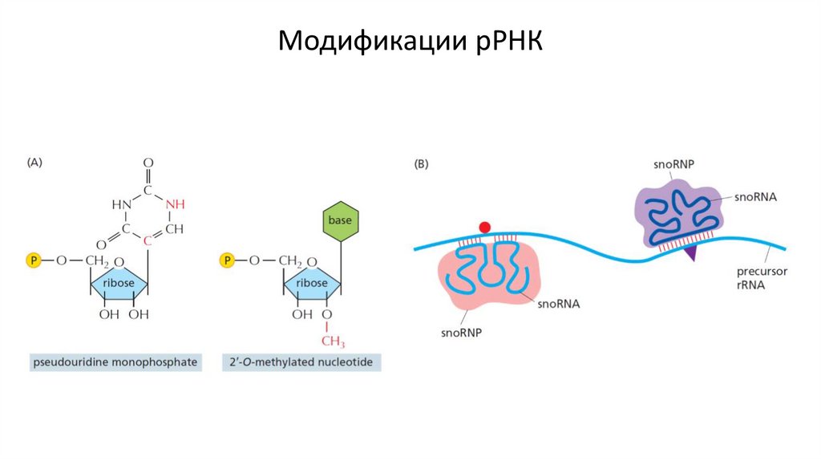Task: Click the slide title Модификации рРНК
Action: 410,42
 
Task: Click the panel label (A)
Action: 34,162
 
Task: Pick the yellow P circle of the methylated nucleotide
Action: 227,260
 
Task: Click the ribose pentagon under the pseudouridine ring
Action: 119,283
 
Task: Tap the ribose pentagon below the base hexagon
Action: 312,283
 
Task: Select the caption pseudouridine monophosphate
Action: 115,363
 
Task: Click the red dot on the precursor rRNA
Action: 484,228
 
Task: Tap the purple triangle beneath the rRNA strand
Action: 689,252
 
